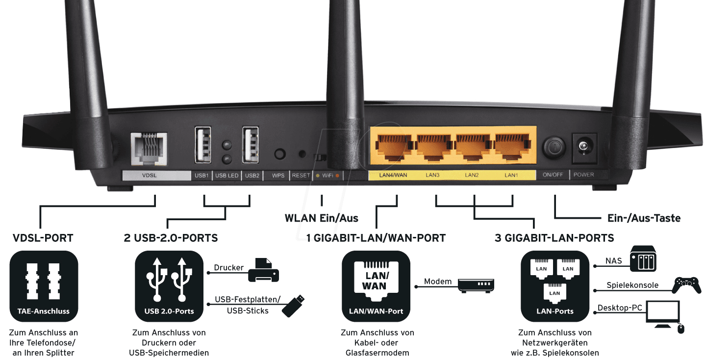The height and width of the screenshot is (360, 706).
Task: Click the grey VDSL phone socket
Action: pyautogui.click(x=149, y=147)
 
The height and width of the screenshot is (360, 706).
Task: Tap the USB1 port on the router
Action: pyautogui.click(x=202, y=145)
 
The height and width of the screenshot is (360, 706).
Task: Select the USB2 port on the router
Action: pyautogui.click(x=251, y=145)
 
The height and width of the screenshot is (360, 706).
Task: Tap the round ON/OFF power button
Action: pyautogui.click(x=554, y=147)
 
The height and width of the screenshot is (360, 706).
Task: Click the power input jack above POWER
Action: pyautogui.click(x=584, y=146)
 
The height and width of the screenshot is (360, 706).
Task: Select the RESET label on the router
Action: pyautogui.click(x=301, y=175)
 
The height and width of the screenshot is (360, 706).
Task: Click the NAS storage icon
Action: pyautogui.click(x=643, y=259)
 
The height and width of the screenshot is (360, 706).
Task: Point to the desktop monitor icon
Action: pyautogui.click(x=663, y=314)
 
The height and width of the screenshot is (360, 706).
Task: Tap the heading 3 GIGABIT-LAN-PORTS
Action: pyautogui.click(x=554, y=238)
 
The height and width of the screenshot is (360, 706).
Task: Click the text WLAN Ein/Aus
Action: pyautogui.click(x=321, y=218)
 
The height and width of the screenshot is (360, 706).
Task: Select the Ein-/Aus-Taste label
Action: pyautogui.click(x=644, y=218)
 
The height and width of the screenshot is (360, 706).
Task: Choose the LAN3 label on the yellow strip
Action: pyautogui.click(x=432, y=175)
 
